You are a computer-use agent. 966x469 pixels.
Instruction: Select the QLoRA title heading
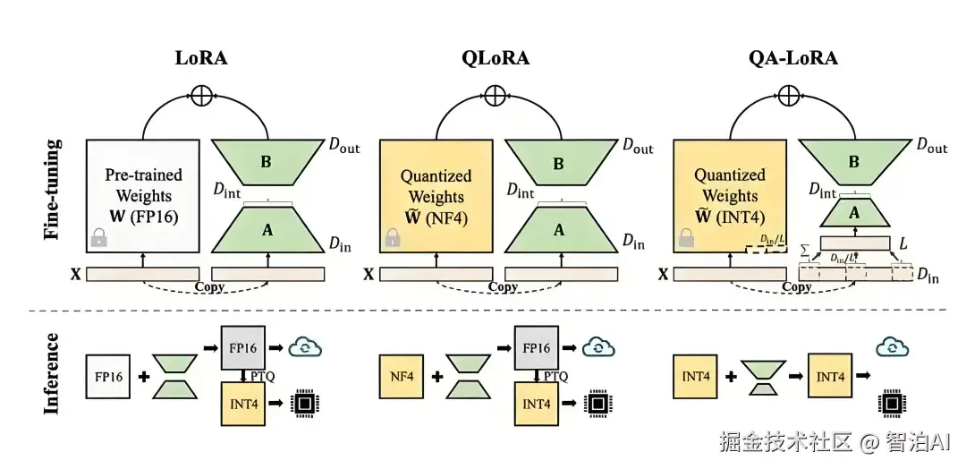tap(495, 59)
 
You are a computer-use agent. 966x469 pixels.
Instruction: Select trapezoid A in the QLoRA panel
tap(559, 229)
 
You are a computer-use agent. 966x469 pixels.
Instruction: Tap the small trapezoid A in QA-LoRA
tap(854, 213)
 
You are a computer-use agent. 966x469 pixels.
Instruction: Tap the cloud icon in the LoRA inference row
tap(304, 346)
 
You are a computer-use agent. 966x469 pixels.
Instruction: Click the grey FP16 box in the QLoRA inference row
tap(537, 346)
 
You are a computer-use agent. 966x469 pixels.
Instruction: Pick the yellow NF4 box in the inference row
tap(402, 377)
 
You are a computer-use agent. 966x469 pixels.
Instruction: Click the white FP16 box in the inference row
tap(108, 377)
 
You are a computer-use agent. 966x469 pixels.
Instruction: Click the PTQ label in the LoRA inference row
tap(262, 376)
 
